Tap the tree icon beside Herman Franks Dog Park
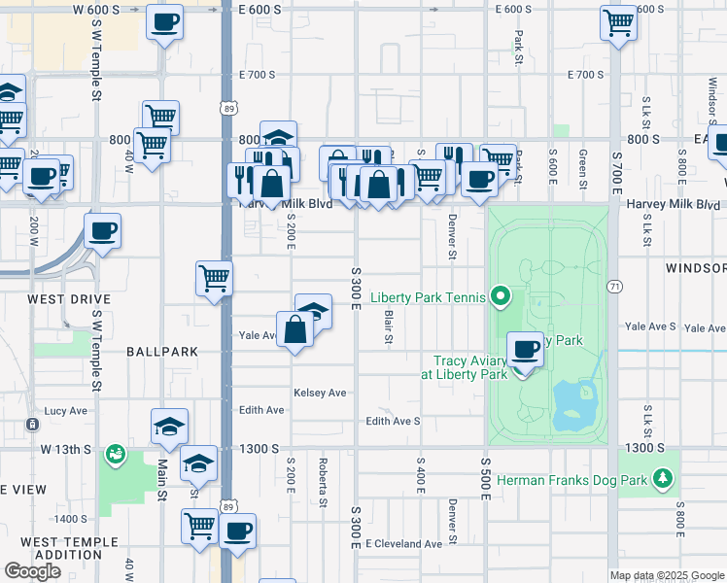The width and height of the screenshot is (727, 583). coord(663,478)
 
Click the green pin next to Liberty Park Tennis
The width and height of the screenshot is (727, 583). coord(501,295)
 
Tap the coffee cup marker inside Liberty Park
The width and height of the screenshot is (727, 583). coord(526,350)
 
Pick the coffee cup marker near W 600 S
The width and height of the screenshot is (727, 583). coord(164,21)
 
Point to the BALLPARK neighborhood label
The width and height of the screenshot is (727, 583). coord(161,351)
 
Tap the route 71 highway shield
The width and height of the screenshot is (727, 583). coord(614,287)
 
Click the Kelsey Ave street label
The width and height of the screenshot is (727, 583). coord(320,393)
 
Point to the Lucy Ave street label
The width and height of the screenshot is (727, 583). coord(66,411)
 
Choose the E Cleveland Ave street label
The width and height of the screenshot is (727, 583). coord(403,543)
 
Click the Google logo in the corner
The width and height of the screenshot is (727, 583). coord(32,571)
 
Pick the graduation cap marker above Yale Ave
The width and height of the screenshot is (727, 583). coord(313,311)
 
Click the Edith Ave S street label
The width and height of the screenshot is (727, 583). coord(393,421)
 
